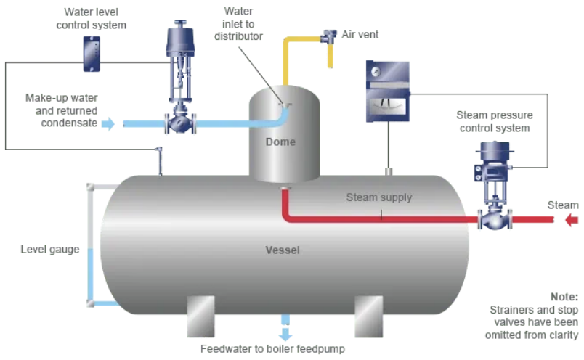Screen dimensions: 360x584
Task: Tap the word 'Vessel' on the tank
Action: (283, 250)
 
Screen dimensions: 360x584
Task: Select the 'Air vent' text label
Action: (360, 34)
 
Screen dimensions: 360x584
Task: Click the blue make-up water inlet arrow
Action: (108, 124)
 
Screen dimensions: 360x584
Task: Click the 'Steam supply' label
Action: (378, 197)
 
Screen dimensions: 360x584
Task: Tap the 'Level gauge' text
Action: (50, 250)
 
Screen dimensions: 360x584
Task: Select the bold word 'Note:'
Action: (564, 297)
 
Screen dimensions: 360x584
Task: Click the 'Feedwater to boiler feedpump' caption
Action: (272, 349)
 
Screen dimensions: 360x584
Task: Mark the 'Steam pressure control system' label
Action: (494, 122)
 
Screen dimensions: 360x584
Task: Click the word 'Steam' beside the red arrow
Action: (563, 205)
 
